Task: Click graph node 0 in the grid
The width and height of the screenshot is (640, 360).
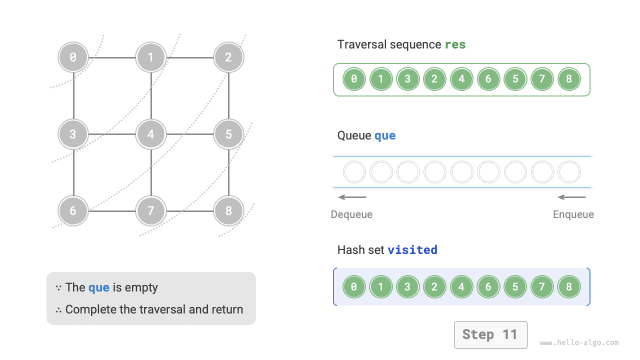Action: pyautogui.click(x=73, y=57)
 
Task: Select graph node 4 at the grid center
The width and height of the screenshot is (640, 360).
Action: pyautogui.click(x=151, y=134)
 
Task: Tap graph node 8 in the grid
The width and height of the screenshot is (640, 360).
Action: pyautogui.click(x=228, y=210)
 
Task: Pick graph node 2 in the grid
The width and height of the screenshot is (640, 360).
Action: pyautogui.click(x=228, y=57)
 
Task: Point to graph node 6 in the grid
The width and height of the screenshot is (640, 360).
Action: pyautogui.click(x=73, y=210)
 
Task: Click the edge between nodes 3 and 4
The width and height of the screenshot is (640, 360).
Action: pyautogui.click(x=112, y=134)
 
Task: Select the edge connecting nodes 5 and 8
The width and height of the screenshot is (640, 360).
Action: pyautogui.click(x=228, y=172)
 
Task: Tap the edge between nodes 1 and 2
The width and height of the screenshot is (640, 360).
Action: pyautogui.click(x=190, y=57)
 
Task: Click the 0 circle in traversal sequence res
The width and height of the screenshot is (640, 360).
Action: pyautogui.click(x=354, y=79)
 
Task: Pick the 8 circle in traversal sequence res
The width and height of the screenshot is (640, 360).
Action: pyautogui.click(x=569, y=79)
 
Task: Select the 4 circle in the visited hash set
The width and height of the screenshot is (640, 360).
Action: pyautogui.click(x=461, y=287)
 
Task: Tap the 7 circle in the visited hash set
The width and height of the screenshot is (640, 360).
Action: pyautogui.click(x=542, y=287)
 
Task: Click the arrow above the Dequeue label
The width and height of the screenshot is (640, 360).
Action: pyautogui.click(x=352, y=197)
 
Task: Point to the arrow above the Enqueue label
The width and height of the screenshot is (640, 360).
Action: pyautogui.click(x=571, y=197)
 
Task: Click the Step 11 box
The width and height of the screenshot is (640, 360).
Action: pyautogui.click(x=490, y=334)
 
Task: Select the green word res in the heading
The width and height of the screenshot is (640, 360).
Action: pyautogui.click(x=455, y=44)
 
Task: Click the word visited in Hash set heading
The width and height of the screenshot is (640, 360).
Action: pyautogui.click(x=412, y=249)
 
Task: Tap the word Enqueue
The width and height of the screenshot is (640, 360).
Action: pyautogui.click(x=573, y=214)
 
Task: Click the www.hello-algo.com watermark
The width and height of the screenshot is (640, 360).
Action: pyautogui.click(x=579, y=343)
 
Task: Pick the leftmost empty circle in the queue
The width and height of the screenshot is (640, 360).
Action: pyautogui.click(x=354, y=172)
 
